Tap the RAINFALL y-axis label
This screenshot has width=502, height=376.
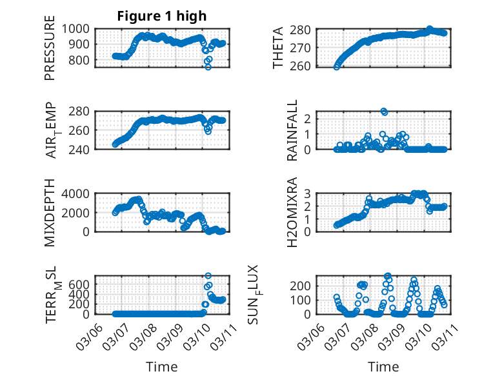click(292, 130)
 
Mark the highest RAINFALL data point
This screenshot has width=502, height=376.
click(384, 112)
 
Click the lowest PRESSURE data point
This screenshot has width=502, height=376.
click(208, 66)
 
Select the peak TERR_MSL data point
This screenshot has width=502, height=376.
click(208, 276)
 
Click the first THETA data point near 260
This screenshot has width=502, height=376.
click(336, 66)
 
